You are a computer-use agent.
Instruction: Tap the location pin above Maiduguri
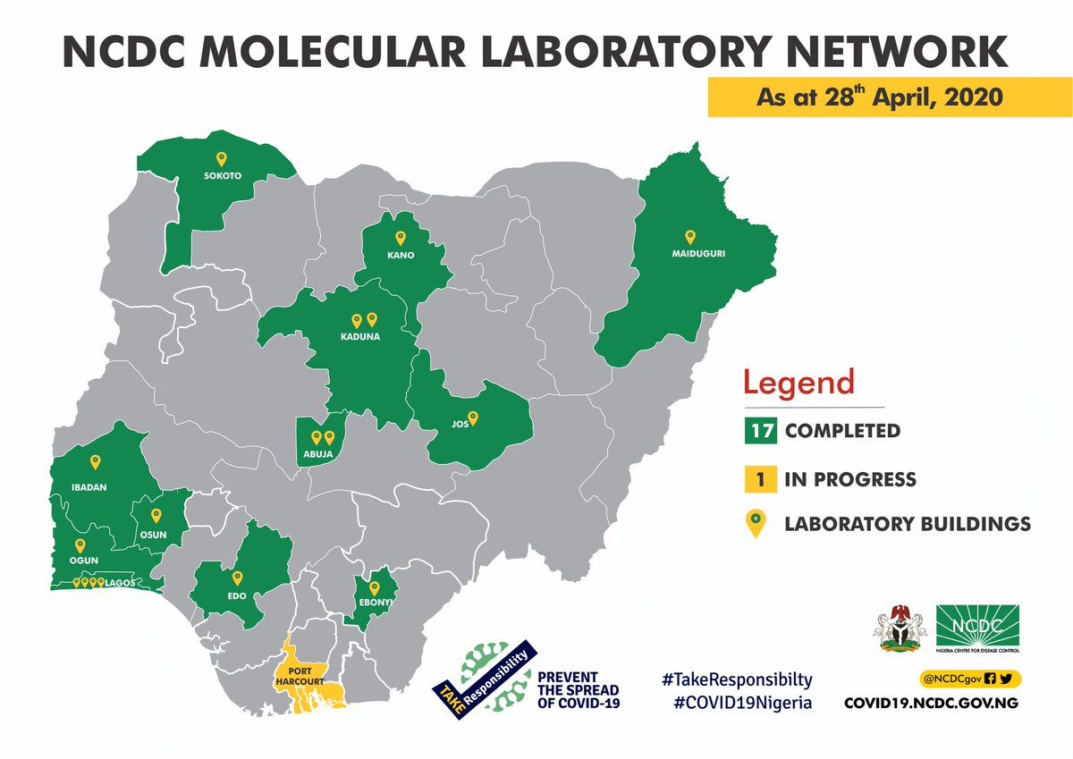coord(689,237)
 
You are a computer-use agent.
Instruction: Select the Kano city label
coord(400,256)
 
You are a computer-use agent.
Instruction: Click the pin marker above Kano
coord(400,238)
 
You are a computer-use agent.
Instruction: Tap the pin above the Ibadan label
coord(96,462)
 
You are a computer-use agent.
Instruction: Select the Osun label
coord(156,535)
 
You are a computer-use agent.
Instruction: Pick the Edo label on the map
coord(237,595)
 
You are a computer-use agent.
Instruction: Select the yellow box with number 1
coord(761,479)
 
